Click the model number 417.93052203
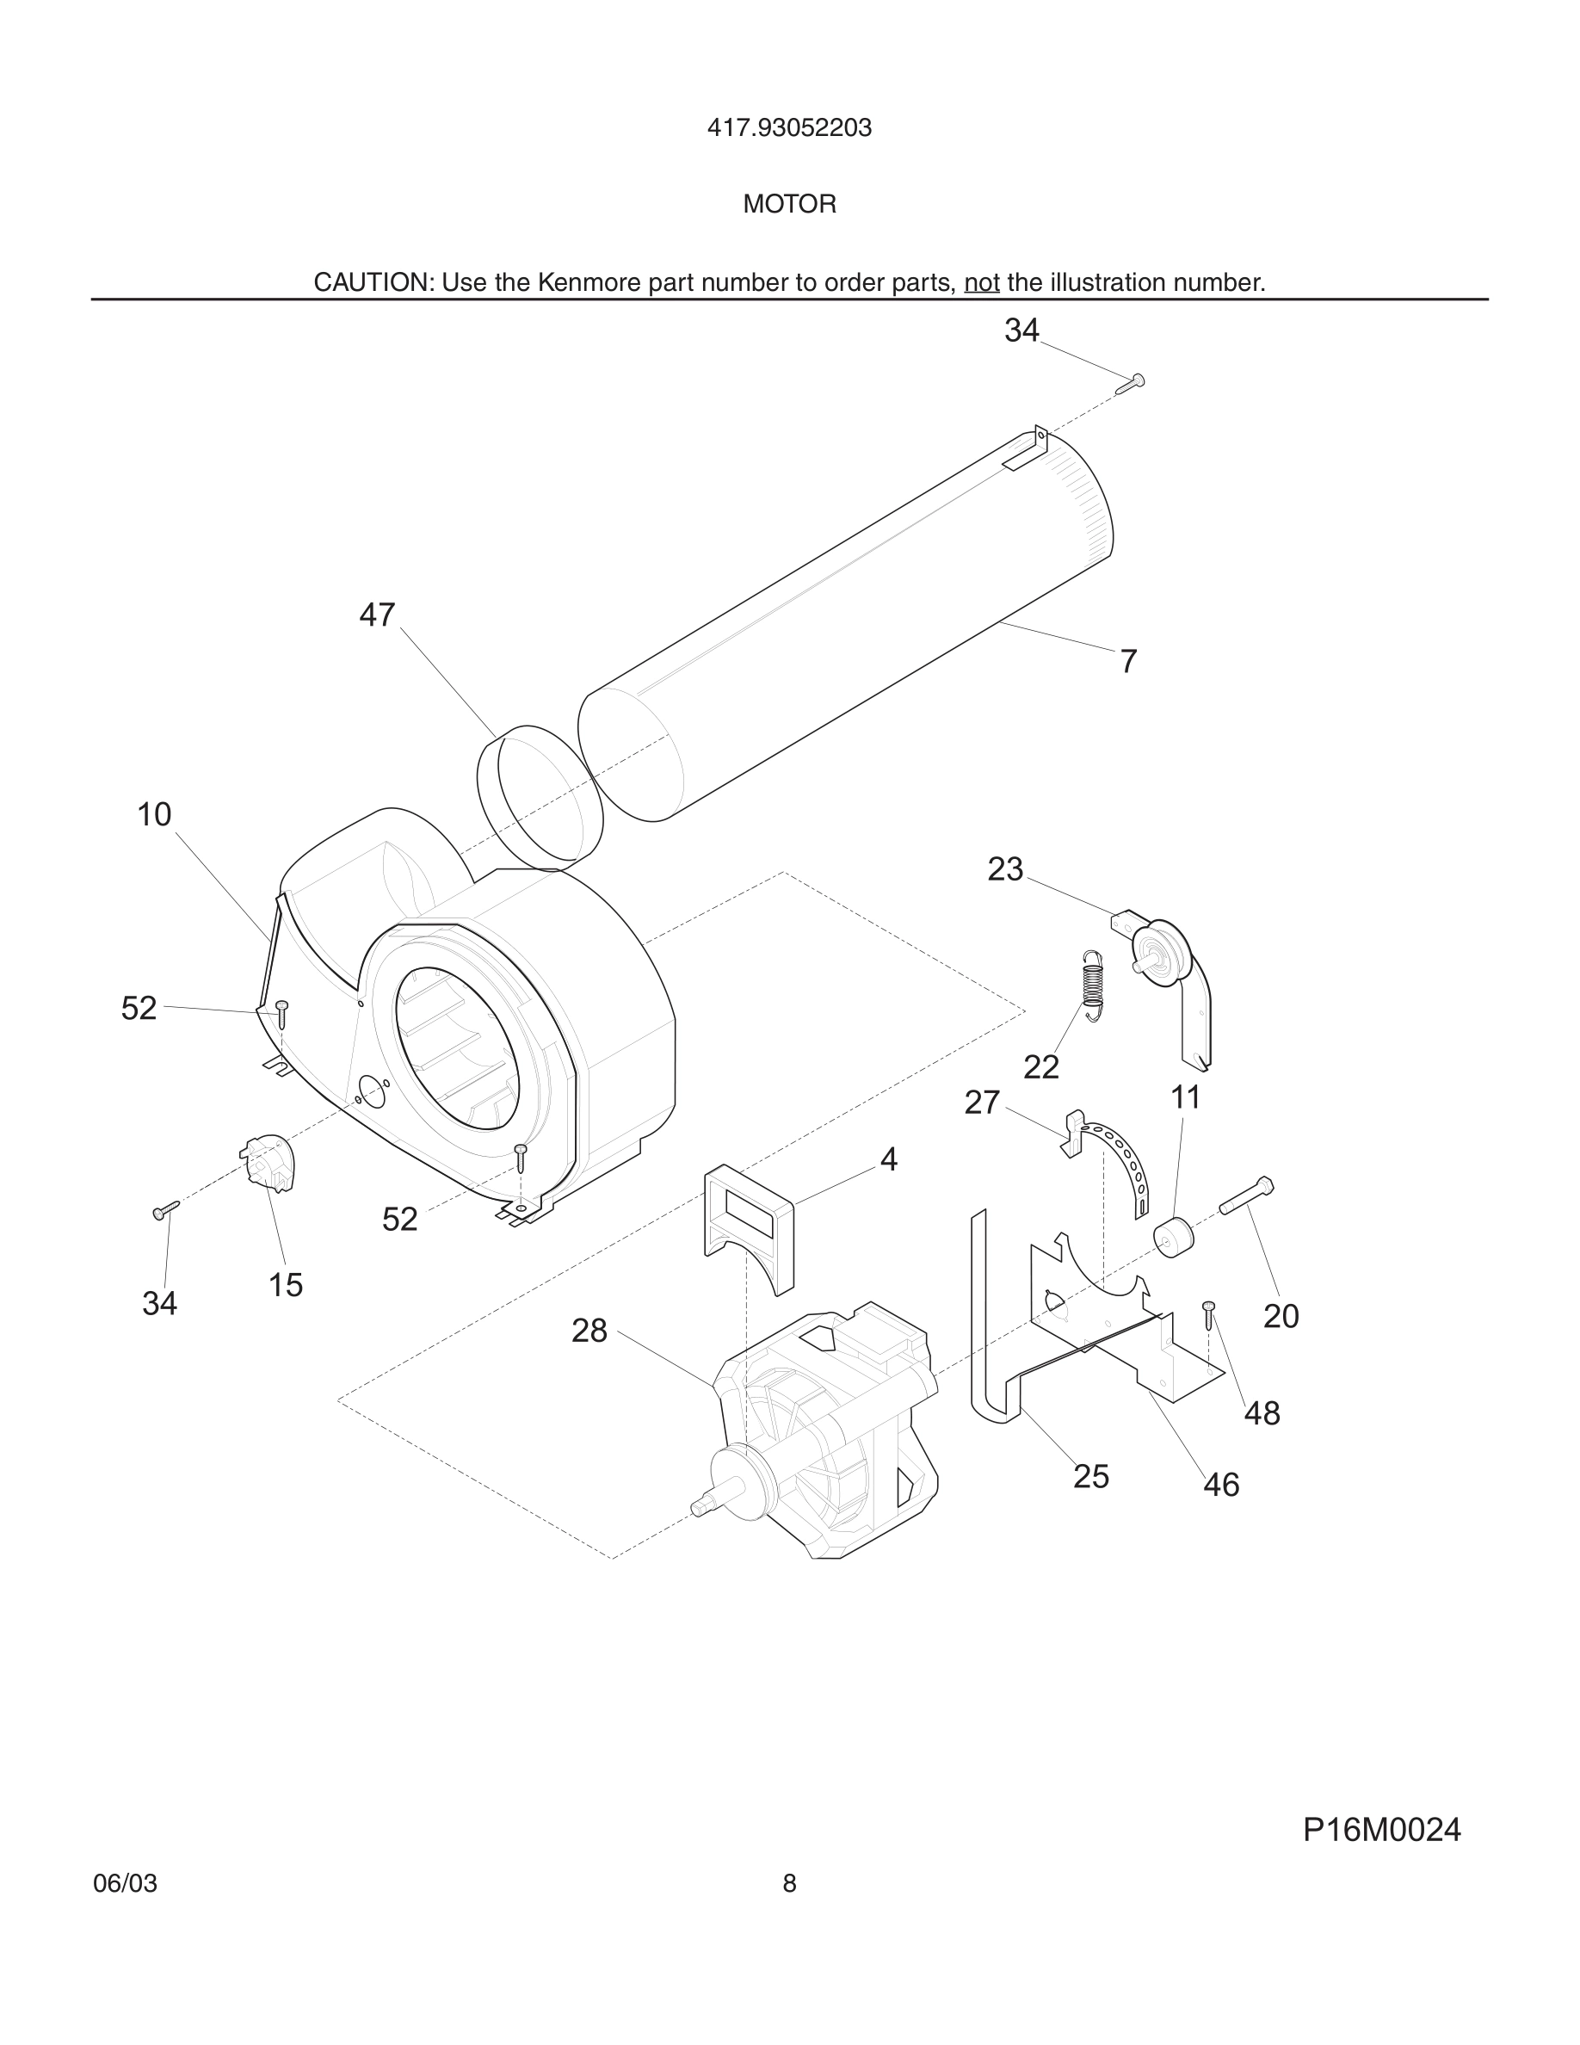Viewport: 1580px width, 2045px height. point(789,127)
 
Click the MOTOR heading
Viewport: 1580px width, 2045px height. point(789,204)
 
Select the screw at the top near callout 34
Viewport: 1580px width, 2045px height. point(1132,383)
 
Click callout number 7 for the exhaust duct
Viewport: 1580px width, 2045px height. point(1129,661)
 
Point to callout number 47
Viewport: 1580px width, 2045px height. point(377,615)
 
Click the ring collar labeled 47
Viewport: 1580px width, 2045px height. point(540,792)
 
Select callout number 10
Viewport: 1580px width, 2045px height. point(154,814)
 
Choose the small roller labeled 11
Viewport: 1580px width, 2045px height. point(1174,1237)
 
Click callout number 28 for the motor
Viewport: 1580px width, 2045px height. point(589,1331)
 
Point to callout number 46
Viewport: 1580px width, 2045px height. point(1220,1485)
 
